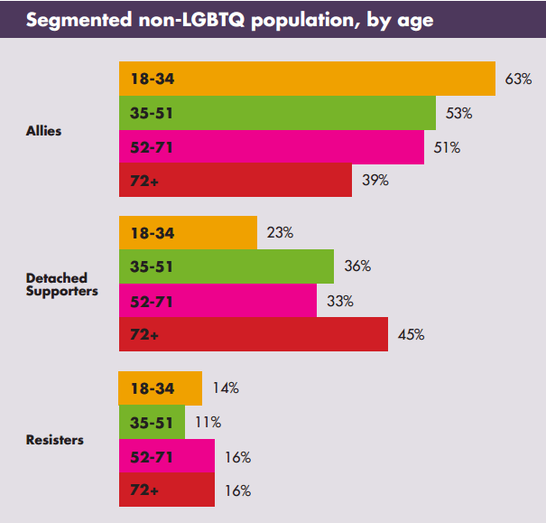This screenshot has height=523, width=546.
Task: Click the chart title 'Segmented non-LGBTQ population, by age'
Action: pyautogui.click(x=230, y=20)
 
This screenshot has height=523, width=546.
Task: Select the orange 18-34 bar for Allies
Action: pyautogui.click(x=307, y=79)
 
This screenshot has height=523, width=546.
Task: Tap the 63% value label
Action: pyautogui.click(x=519, y=79)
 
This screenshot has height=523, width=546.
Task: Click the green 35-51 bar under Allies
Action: pyautogui.click(x=277, y=113)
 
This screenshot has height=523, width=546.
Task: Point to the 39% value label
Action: pyautogui.click(x=375, y=181)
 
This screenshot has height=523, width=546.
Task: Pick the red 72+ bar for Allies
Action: pyautogui.click(x=235, y=181)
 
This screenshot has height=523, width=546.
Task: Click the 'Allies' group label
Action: pyautogui.click(x=44, y=131)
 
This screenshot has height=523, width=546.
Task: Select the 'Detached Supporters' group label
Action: pyautogui.click(x=61, y=285)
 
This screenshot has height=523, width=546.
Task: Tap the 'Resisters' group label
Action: pyautogui.click(x=55, y=440)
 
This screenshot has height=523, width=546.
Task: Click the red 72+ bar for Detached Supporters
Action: pyautogui.click(x=253, y=334)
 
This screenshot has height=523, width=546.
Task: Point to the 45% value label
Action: pyautogui.click(x=411, y=334)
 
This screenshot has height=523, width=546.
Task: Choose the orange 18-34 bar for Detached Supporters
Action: pyautogui.click(x=188, y=233)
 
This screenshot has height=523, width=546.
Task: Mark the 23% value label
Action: pyautogui.click(x=280, y=232)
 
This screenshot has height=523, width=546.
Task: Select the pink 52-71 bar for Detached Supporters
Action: pyautogui.click(x=217, y=301)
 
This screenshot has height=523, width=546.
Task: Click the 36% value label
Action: pyautogui.click(x=357, y=266)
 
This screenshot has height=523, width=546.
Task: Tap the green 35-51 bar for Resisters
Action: pyautogui.click(x=152, y=422)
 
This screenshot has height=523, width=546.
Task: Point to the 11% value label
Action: pyautogui.click(x=208, y=422)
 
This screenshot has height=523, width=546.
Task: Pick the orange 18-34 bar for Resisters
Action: pyautogui.click(x=160, y=388)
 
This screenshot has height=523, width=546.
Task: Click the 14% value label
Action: pyautogui.click(x=225, y=388)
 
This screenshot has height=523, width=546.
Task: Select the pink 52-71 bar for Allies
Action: pyautogui.click(x=271, y=147)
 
